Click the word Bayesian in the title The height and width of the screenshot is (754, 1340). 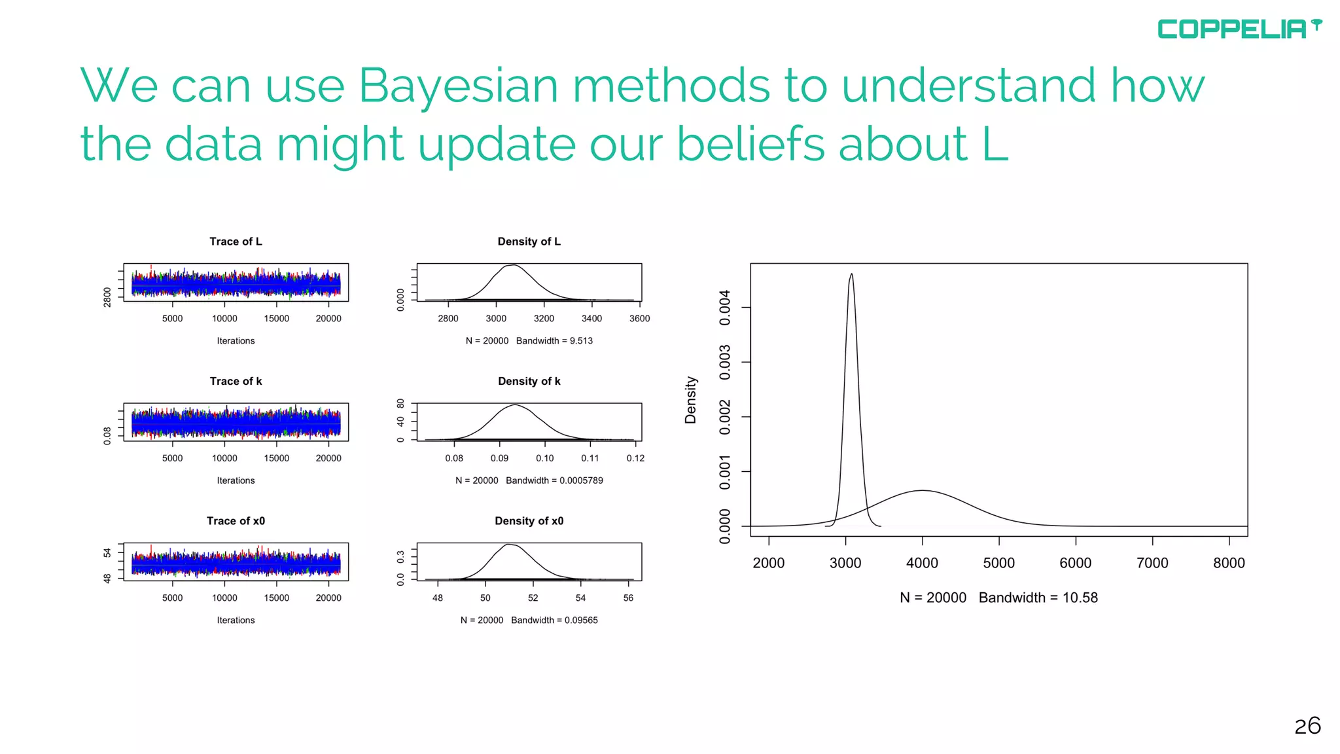point(458,86)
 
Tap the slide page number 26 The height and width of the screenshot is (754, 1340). point(1307,726)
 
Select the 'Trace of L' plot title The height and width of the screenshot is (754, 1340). point(236,242)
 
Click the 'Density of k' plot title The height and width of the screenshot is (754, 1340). point(529,381)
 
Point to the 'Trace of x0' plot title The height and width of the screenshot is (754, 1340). point(236,521)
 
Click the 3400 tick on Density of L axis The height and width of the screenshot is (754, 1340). point(591,319)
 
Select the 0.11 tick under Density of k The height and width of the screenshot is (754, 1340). point(590,458)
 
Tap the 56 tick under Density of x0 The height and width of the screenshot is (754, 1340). point(628,598)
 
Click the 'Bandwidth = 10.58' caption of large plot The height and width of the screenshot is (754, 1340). point(1038,598)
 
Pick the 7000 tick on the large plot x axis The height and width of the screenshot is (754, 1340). point(1152,563)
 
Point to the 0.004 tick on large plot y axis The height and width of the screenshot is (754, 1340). point(725,308)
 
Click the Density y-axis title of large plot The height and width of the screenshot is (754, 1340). point(690,400)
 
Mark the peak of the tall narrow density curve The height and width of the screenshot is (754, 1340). point(851,274)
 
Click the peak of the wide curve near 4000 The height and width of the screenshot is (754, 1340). point(922,490)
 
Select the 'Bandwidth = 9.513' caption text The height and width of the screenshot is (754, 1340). point(554,341)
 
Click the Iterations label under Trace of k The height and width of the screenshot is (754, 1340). point(236,480)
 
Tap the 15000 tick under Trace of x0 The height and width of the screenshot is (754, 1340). point(276,598)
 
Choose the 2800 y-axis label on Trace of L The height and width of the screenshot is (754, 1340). point(107,296)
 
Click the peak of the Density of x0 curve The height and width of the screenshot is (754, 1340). point(509,545)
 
